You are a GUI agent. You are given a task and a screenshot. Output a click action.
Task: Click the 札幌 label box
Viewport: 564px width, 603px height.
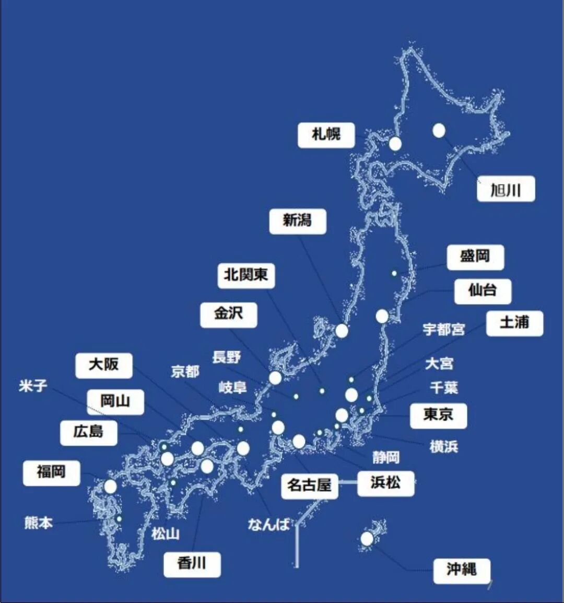coord(326,135)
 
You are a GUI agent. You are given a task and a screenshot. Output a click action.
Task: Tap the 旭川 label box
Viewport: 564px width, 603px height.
coord(506,189)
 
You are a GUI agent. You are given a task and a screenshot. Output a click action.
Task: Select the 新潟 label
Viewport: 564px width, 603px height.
coord(298,221)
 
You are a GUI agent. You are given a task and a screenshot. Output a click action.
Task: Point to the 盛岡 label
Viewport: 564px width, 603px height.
coord(475,257)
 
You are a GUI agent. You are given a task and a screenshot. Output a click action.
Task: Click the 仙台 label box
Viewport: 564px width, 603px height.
coord(483,291)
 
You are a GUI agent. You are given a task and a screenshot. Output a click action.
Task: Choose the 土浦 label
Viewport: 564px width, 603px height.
coord(514,323)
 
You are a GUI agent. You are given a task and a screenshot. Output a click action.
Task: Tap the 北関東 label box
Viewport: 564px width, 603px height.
coord(246,275)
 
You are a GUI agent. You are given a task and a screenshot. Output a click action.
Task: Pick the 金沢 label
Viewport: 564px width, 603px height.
coord(229,315)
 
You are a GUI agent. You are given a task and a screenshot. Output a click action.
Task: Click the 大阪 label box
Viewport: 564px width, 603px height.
coord(104,365)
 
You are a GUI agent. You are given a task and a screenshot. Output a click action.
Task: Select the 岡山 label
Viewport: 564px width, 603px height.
coord(115,402)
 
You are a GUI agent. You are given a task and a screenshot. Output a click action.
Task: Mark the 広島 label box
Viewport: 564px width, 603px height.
coord(89,433)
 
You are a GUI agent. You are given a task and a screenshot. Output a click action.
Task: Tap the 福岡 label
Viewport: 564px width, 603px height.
coord(51,473)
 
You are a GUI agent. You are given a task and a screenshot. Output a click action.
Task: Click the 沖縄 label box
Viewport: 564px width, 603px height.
coord(462,571)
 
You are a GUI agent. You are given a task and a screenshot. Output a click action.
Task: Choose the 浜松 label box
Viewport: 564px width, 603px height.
coord(385,483)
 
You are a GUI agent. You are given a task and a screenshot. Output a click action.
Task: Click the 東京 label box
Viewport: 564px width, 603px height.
coord(438,415)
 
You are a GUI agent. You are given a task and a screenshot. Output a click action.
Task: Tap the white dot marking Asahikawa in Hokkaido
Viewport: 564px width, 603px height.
coord(439,131)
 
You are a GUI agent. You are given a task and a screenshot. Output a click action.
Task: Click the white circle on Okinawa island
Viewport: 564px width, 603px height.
coord(367,539)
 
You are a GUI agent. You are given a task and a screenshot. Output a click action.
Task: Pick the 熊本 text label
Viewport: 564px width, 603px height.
coord(39,523)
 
